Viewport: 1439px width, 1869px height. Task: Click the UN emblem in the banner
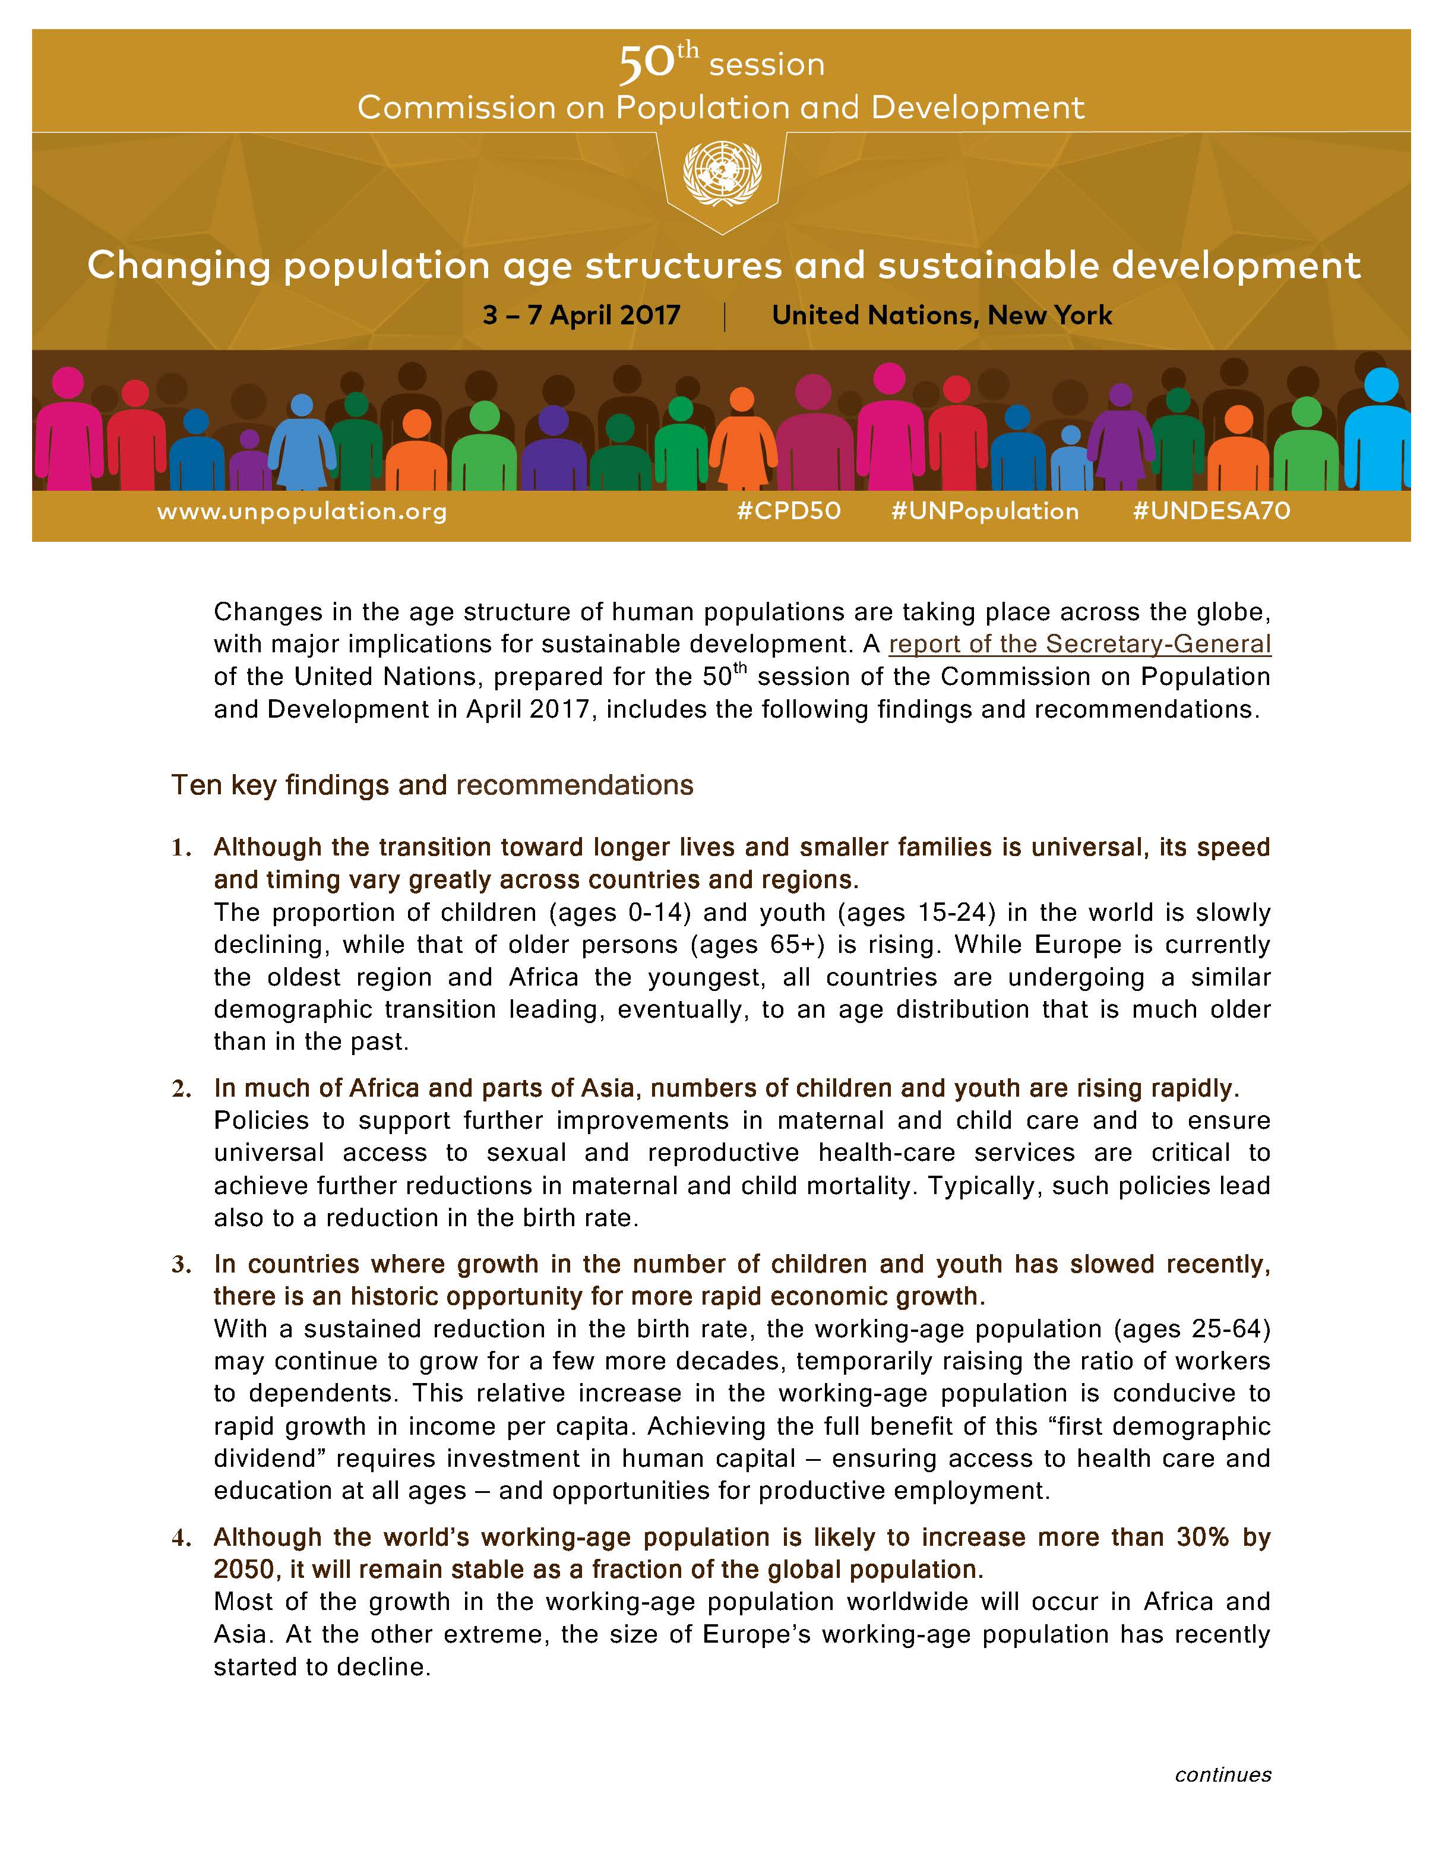click(721, 173)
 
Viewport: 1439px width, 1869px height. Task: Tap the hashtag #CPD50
click(788, 511)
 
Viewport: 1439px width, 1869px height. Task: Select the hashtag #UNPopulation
click(985, 511)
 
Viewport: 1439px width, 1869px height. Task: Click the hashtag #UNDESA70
click(1210, 511)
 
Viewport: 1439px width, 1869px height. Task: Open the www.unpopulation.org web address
click(302, 512)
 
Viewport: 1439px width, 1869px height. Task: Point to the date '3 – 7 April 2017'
click(581, 316)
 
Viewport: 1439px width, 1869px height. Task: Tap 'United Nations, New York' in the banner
click(941, 316)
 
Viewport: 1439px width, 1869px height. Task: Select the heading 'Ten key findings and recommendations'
click(432, 785)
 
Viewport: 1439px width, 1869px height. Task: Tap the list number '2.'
click(181, 1088)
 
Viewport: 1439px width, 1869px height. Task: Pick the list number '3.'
click(181, 1265)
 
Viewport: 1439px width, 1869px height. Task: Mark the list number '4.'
click(181, 1538)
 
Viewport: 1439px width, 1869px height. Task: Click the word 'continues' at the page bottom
click(1223, 1775)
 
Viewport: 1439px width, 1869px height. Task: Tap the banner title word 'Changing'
click(179, 266)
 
